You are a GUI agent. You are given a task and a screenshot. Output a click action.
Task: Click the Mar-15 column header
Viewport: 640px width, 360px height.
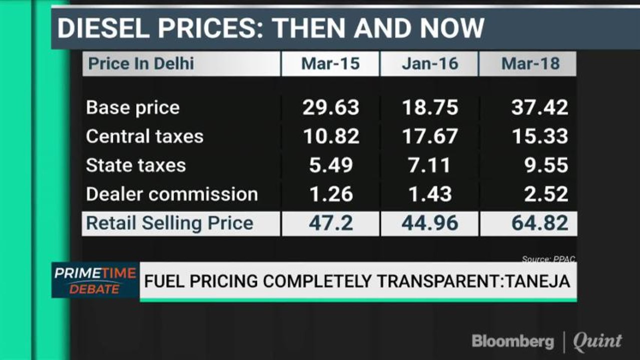pyautogui.click(x=330, y=64)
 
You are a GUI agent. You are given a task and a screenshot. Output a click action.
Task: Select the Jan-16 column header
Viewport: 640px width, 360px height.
pyautogui.click(x=429, y=64)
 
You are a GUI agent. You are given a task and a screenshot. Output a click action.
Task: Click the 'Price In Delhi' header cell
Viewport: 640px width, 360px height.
pyautogui.click(x=141, y=64)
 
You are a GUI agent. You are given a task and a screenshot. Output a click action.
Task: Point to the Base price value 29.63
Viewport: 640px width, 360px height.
pyautogui.click(x=331, y=107)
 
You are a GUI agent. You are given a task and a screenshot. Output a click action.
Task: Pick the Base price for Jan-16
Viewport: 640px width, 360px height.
pyautogui.click(x=430, y=107)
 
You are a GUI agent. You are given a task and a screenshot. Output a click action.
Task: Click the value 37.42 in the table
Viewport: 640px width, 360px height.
pyautogui.click(x=539, y=107)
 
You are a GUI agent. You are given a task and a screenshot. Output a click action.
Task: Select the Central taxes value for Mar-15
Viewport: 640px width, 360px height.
pyautogui.click(x=331, y=136)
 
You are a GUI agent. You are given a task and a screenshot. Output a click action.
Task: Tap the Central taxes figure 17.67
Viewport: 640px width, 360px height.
pyautogui.click(x=430, y=136)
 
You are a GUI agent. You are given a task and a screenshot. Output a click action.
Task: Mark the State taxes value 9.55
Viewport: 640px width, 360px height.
pyautogui.click(x=546, y=165)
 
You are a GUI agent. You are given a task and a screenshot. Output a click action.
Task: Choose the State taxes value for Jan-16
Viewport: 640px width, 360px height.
pyautogui.click(x=430, y=165)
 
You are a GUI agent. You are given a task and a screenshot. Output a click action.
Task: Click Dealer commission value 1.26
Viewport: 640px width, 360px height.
pyautogui.click(x=331, y=194)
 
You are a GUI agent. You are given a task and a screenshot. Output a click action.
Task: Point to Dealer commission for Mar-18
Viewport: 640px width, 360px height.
pyautogui.click(x=546, y=194)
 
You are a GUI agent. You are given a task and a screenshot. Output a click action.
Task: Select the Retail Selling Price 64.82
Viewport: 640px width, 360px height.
pyautogui.click(x=539, y=223)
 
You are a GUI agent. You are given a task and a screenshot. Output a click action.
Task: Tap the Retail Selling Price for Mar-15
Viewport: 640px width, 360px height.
pyautogui.click(x=331, y=223)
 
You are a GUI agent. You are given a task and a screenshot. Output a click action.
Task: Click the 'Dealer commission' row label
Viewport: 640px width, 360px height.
pyautogui.click(x=172, y=194)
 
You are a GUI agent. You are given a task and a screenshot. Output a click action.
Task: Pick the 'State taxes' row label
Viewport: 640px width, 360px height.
pyautogui.click(x=136, y=165)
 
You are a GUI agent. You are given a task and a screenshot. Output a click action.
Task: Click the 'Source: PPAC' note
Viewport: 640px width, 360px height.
pyautogui.click(x=548, y=259)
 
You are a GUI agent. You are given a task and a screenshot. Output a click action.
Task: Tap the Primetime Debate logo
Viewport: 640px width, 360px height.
pyautogui.click(x=95, y=280)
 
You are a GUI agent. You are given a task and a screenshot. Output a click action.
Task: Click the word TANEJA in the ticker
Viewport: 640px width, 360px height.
pyautogui.click(x=539, y=281)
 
